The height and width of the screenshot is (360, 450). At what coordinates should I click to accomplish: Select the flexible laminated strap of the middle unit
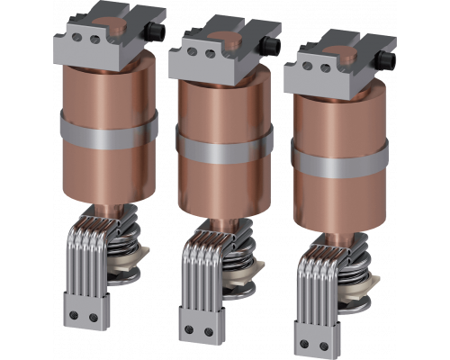tap(200, 274)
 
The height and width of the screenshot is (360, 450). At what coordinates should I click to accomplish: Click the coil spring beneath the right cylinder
tap(355, 270)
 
